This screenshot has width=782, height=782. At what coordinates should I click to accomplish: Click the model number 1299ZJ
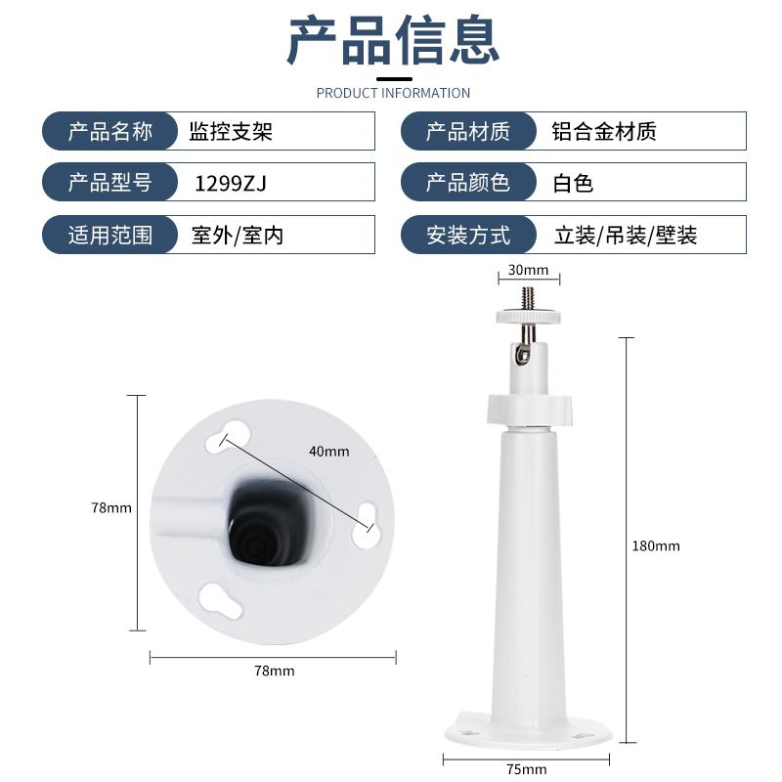click(x=231, y=183)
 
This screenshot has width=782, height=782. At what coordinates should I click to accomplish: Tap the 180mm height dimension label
click(x=656, y=546)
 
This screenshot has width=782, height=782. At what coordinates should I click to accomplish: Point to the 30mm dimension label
click(x=528, y=270)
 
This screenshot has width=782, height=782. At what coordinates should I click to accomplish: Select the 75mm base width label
click(x=527, y=769)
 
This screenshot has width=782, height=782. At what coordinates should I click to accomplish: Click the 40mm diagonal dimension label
click(x=329, y=452)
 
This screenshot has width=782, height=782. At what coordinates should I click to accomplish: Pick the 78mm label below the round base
click(x=275, y=671)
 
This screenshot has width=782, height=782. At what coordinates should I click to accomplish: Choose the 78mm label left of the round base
click(x=111, y=507)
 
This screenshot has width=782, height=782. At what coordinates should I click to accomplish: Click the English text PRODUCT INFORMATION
click(x=393, y=93)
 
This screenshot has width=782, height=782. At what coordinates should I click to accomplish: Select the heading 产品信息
click(x=393, y=40)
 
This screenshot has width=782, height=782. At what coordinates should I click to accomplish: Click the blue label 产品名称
click(x=110, y=132)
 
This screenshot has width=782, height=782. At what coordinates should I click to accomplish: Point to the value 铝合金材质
click(x=604, y=132)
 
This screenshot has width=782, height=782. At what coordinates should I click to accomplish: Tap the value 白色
click(x=573, y=183)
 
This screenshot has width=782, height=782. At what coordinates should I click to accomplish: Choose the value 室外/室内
click(x=238, y=235)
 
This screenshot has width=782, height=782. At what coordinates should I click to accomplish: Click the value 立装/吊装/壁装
click(x=626, y=235)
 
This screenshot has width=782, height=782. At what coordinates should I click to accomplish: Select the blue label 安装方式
click(x=468, y=235)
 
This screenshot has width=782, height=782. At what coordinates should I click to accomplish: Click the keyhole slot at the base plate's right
click(x=368, y=525)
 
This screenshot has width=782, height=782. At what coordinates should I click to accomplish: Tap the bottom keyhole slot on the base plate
click(x=220, y=600)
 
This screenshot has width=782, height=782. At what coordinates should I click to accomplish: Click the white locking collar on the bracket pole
click(x=529, y=410)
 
